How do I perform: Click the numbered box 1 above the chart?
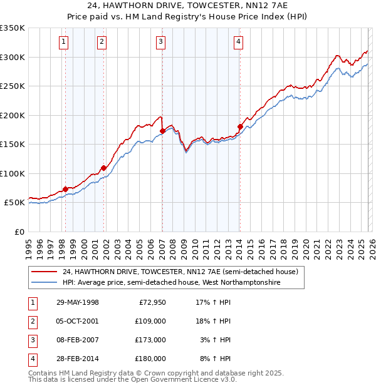(x=65, y=42)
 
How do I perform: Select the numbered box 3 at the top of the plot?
(x=161, y=42)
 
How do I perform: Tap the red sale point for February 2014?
(x=240, y=127)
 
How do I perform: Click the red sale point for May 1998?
(x=65, y=189)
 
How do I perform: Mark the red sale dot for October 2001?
(x=104, y=168)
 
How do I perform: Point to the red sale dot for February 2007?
(x=162, y=131)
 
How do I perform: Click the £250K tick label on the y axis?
(x=13, y=86)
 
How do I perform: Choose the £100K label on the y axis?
(x=13, y=173)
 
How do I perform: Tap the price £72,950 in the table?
(x=150, y=302)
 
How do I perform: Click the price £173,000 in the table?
(x=150, y=340)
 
